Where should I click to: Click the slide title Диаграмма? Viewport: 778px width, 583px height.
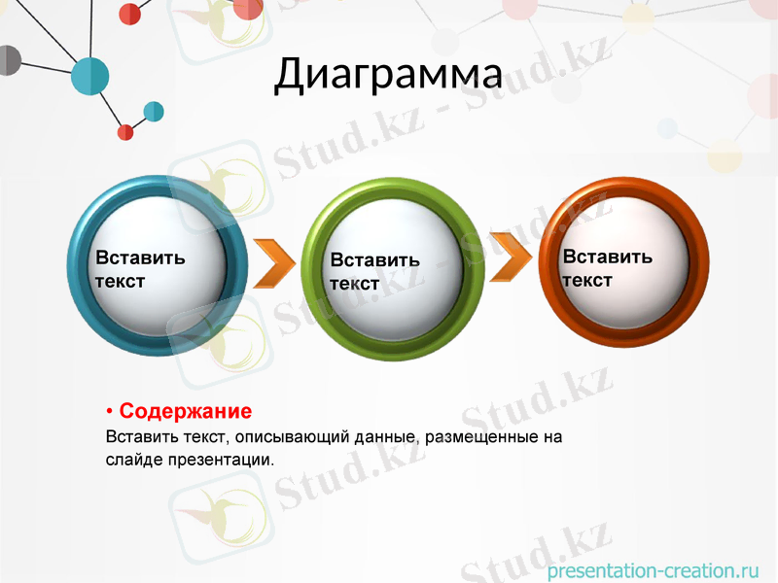click(389, 76)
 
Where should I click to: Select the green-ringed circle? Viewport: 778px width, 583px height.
click(393, 267)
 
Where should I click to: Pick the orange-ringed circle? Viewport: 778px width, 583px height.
click(623, 263)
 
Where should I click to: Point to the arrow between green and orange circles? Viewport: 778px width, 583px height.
click(511, 257)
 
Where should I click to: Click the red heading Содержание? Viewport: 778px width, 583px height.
click(185, 411)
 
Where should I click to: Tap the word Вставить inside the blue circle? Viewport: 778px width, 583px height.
click(140, 257)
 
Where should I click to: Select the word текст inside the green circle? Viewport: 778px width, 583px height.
click(355, 284)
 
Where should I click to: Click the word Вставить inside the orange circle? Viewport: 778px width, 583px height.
click(608, 257)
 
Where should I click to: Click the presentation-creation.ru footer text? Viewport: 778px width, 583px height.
click(652, 569)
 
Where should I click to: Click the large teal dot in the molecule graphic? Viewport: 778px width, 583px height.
click(89, 76)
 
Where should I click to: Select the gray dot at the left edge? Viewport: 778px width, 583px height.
click(8, 60)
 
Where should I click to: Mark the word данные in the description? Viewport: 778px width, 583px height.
click(393, 437)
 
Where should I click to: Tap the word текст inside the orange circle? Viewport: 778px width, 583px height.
click(587, 280)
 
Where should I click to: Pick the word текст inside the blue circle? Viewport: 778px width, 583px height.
click(120, 281)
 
